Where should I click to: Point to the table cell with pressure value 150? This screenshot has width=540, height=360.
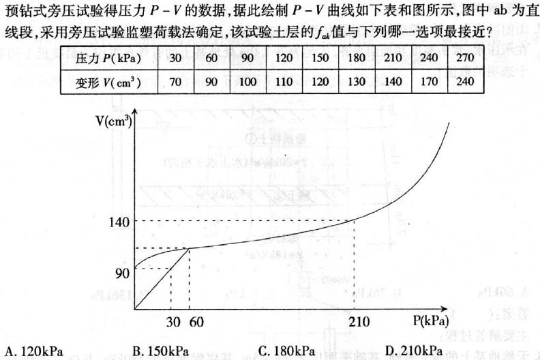click(x=320, y=58)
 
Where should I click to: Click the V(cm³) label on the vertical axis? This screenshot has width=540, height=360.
click(x=114, y=123)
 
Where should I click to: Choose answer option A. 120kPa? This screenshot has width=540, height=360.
click(x=33, y=351)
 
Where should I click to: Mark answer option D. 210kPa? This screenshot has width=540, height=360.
click(x=413, y=351)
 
